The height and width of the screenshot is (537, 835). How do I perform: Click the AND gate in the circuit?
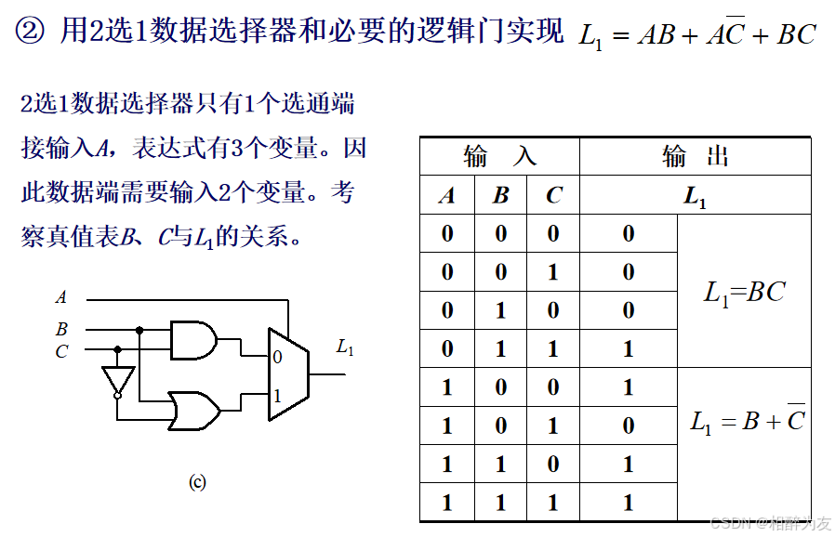193,340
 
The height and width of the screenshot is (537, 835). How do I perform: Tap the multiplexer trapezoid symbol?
287,373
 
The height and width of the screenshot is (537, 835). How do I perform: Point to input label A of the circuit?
61,298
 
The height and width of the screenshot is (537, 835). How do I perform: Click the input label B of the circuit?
61,330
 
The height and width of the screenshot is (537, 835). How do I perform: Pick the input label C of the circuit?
61,351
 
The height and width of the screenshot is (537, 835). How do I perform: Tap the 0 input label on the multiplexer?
276,357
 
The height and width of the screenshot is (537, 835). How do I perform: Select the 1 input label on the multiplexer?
276,396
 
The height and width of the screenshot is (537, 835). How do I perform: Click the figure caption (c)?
197,482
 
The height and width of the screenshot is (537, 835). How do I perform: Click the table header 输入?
499,156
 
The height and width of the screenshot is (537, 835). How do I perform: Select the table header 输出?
695,156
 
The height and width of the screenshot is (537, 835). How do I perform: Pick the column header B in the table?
501,195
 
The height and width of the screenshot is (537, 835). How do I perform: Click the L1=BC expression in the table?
744,293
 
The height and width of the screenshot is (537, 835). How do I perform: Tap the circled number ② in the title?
31,33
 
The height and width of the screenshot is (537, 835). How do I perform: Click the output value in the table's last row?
629,503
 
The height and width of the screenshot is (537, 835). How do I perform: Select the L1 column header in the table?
695,196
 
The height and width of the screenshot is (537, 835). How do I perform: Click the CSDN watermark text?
769,523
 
